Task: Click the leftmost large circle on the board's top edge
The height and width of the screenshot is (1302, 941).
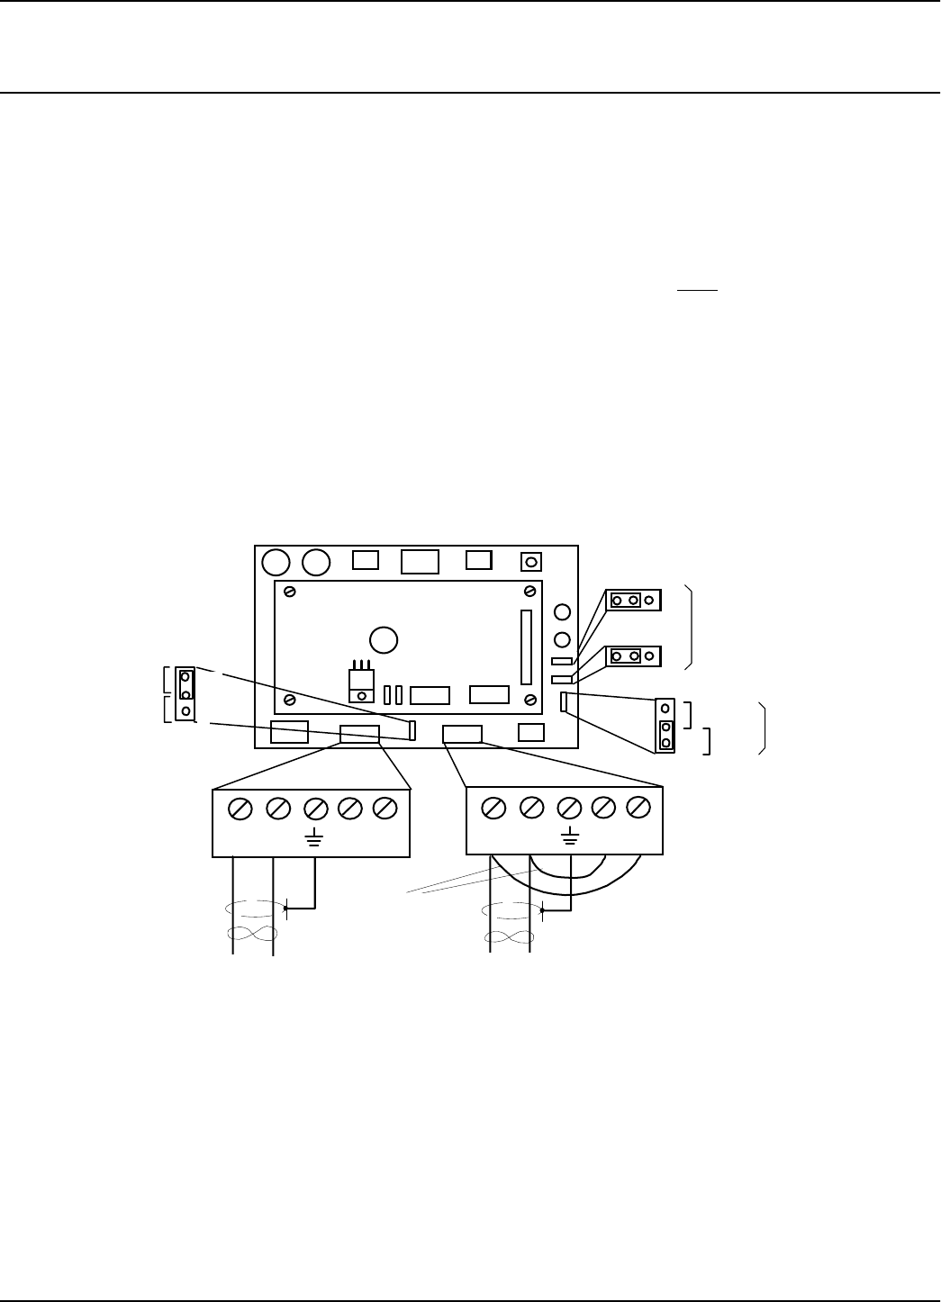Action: [x=276, y=563]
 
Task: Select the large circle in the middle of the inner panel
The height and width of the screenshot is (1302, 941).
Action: [x=384, y=638]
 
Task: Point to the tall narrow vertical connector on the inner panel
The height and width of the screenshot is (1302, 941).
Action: [x=526, y=647]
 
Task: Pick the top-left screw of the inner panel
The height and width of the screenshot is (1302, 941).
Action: [x=290, y=592]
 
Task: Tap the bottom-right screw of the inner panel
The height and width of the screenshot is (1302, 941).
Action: [x=531, y=699]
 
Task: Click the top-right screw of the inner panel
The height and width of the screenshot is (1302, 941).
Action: [x=531, y=591]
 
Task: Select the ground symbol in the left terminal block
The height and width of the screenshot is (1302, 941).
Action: [x=313, y=840]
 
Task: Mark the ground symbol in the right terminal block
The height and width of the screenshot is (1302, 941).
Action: [x=569, y=839]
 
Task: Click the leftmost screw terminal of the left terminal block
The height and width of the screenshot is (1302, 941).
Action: [x=240, y=809]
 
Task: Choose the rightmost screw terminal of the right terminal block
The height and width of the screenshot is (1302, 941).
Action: [x=638, y=808]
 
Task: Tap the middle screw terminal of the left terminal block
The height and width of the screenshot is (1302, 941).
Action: [x=314, y=809]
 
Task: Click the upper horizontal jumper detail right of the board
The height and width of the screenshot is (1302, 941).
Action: [x=634, y=600]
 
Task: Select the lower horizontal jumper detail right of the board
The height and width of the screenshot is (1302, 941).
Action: [x=634, y=656]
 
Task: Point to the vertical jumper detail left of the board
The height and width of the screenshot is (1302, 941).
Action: [x=185, y=694]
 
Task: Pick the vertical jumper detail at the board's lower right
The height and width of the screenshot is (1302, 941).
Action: [x=665, y=725]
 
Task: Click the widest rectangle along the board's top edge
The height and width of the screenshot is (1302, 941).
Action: [x=420, y=562]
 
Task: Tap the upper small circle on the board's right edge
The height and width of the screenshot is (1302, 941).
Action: [x=562, y=613]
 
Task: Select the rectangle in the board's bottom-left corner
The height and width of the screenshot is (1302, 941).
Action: [x=289, y=732]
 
